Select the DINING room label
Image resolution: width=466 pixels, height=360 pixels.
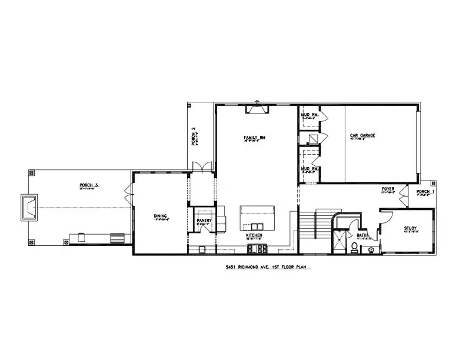161,216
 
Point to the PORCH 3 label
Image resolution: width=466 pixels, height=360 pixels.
89,185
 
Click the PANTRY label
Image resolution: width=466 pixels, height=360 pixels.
204,221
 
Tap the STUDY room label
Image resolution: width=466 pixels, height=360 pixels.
410,228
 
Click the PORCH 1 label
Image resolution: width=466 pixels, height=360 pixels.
425,192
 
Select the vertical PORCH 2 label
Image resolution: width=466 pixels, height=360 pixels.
193,136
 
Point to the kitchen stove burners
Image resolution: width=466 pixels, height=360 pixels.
257,249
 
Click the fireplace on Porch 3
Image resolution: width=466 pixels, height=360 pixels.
29,206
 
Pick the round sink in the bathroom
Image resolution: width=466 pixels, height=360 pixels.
371,249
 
